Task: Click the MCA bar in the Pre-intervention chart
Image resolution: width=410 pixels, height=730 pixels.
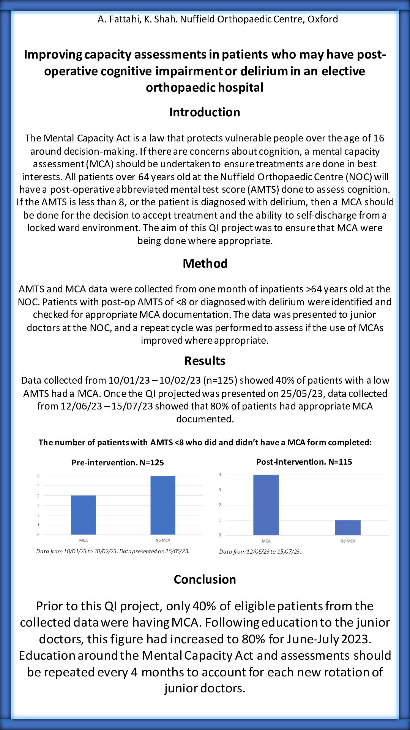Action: pyautogui.click(x=83, y=515)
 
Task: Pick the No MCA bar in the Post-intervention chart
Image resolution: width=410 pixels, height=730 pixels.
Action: pyautogui.click(x=348, y=527)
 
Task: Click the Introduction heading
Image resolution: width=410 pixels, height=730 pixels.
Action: pyautogui.click(x=205, y=112)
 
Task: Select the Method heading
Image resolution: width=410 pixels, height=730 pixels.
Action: pyautogui.click(x=205, y=263)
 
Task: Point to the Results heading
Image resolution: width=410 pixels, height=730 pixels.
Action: pyautogui.click(x=205, y=361)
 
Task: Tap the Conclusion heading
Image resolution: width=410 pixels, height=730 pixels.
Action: pyautogui.click(x=205, y=579)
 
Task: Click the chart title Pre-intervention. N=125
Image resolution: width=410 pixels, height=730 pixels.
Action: pyautogui.click(x=118, y=463)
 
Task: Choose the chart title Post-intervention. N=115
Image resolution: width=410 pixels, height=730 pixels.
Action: pyautogui.click(x=304, y=462)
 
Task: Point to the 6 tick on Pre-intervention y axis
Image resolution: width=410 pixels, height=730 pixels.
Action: pyautogui.click(x=38, y=476)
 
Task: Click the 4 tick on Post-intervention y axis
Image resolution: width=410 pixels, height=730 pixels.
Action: pyautogui.click(x=220, y=475)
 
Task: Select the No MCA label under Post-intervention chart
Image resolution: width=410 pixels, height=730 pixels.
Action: pyautogui.click(x=348, y=541)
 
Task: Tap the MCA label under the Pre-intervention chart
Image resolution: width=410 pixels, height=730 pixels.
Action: pyautogui.click(x=83, y=540)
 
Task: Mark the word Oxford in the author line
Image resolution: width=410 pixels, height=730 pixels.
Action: pyautogui.click(x=323, y=19)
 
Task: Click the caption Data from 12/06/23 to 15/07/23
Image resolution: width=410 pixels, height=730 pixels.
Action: pyautogui.click(x=260, y=552)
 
